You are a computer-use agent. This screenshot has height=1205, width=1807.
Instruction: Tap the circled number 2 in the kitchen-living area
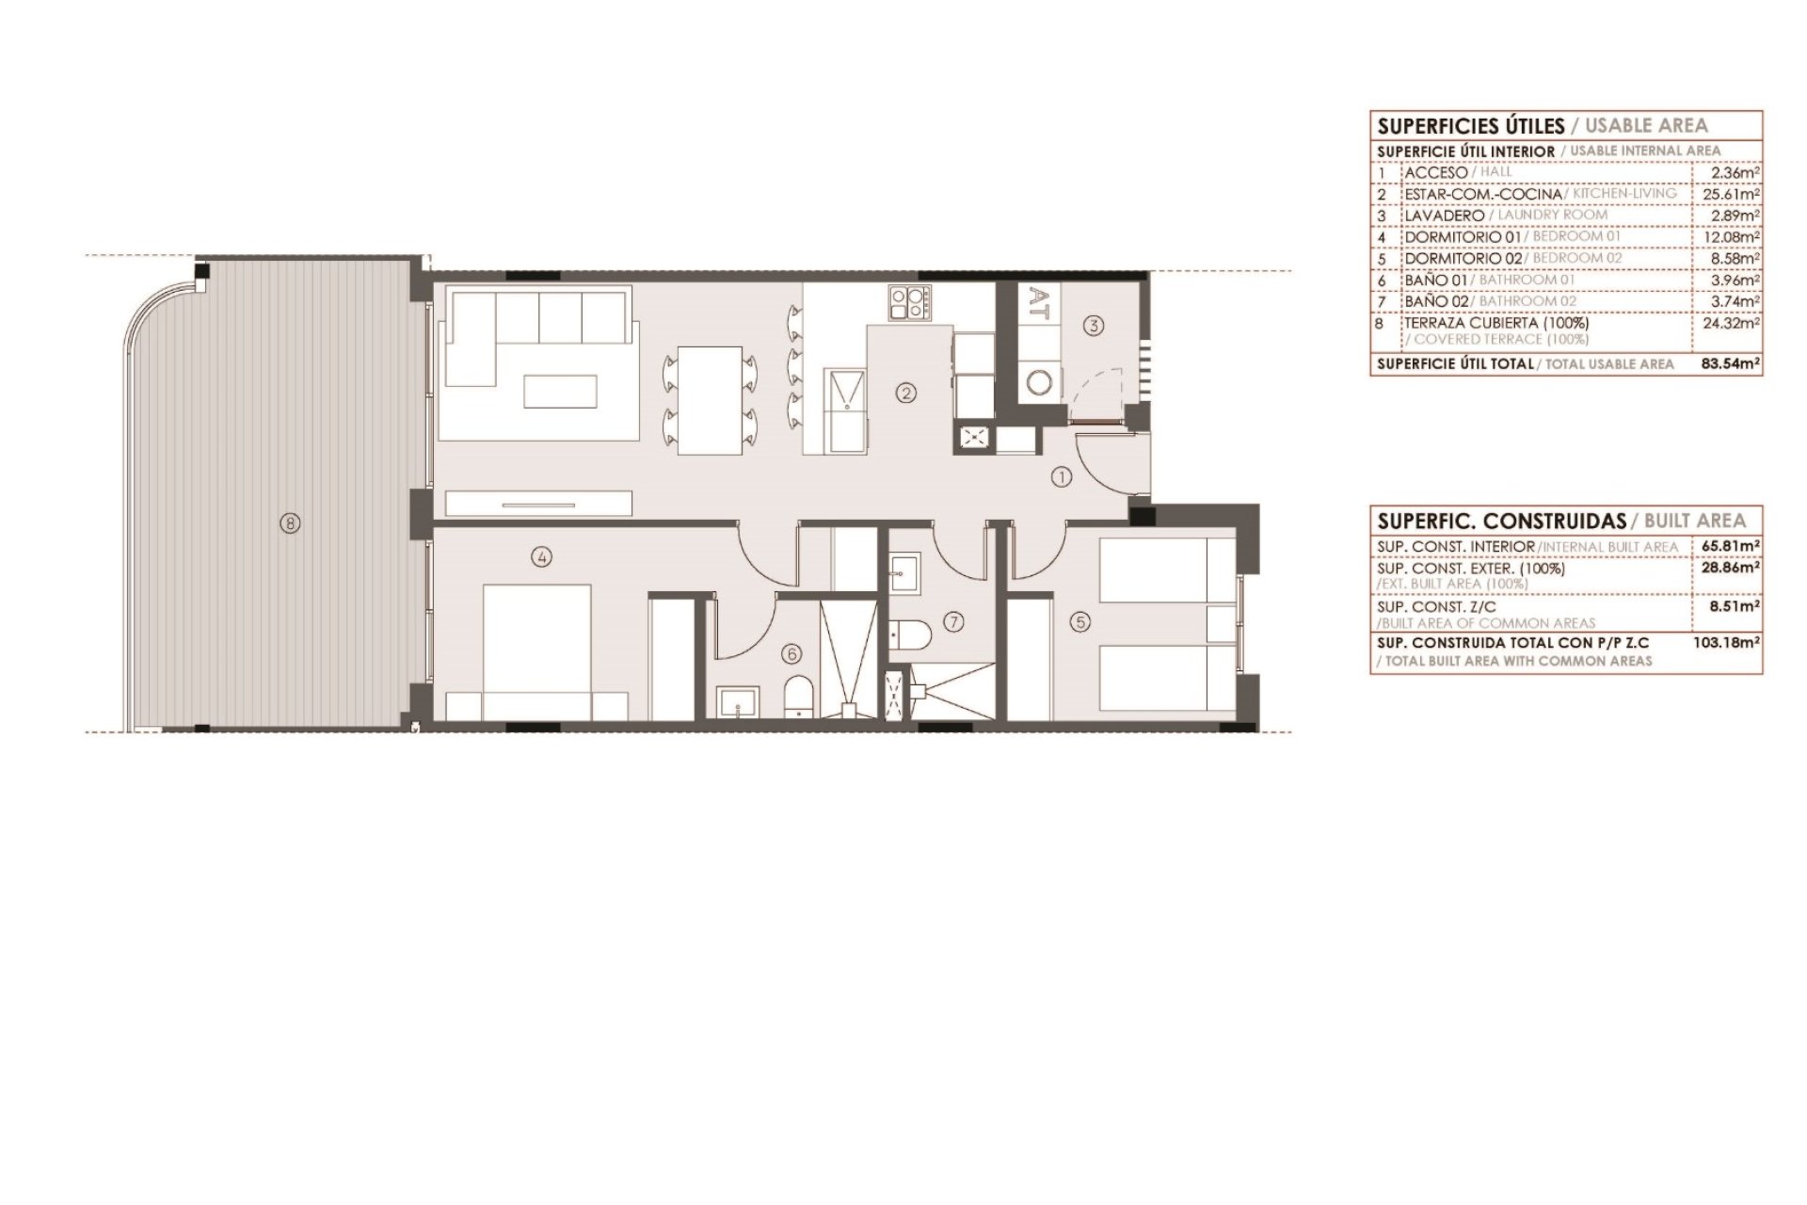905,394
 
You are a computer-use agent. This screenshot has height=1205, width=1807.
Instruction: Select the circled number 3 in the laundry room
1092,326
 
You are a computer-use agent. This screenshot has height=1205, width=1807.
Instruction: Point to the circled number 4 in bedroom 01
540,557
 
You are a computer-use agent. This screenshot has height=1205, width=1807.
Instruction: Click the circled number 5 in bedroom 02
1079,621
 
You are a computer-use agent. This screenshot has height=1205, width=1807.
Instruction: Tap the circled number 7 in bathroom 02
954,621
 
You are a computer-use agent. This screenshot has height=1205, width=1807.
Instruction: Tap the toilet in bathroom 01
798,696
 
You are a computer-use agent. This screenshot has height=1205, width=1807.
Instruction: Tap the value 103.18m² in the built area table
1728,643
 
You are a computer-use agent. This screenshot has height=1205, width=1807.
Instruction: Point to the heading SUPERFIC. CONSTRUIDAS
1502,521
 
